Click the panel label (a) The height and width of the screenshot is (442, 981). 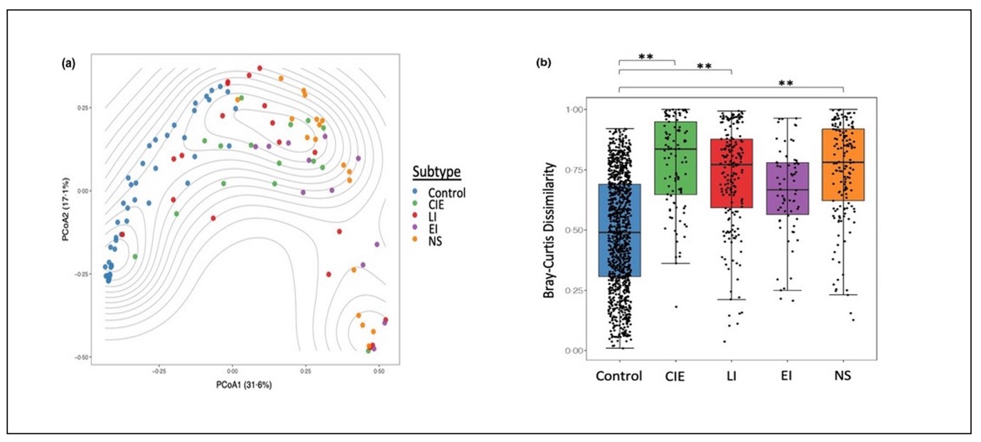68,64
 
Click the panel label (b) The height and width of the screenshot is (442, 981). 544,63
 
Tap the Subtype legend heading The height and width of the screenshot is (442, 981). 436,171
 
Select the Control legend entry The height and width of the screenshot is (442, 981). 439,193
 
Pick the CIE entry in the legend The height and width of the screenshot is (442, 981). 429,205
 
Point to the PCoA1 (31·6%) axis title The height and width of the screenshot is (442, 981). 244,385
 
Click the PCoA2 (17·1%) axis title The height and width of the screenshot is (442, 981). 66,209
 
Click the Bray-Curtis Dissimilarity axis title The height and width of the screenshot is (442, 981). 549,230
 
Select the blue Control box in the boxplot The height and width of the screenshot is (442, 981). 620,230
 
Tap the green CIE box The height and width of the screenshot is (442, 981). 675,158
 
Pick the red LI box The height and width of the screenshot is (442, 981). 731,173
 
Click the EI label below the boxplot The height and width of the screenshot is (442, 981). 786,376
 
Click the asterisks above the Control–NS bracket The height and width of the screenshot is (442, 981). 786,82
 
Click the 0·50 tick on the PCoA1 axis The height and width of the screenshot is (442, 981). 379,372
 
